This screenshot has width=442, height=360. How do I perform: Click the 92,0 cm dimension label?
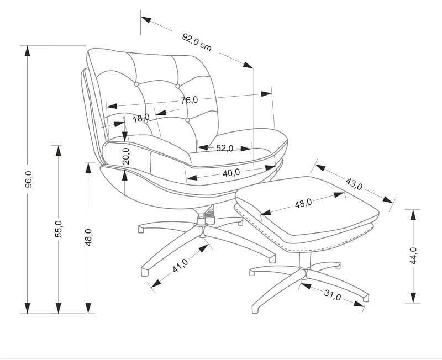pos(197,42)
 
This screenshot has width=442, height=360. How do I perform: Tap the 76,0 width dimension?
pos(189,100)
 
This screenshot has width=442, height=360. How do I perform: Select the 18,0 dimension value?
pos(141,118)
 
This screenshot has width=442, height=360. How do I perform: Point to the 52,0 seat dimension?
pos(224,148)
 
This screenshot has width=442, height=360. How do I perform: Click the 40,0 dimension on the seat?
pos(231,172)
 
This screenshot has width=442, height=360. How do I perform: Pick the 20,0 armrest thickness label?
pos(125,156)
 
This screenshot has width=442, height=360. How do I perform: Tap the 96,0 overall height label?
pos(29,179)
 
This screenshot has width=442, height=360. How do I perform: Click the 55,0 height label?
pos(59,228)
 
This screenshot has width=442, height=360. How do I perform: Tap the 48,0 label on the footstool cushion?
pos(303,203)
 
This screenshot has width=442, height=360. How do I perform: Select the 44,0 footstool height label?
pos(413,256)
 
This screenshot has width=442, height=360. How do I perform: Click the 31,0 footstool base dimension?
pos(332,297)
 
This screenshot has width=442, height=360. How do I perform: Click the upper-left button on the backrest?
pos(136,84)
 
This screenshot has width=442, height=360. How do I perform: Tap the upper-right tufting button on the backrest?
pos(178,86)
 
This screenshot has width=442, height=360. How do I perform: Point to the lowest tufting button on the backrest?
pos(188,119)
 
